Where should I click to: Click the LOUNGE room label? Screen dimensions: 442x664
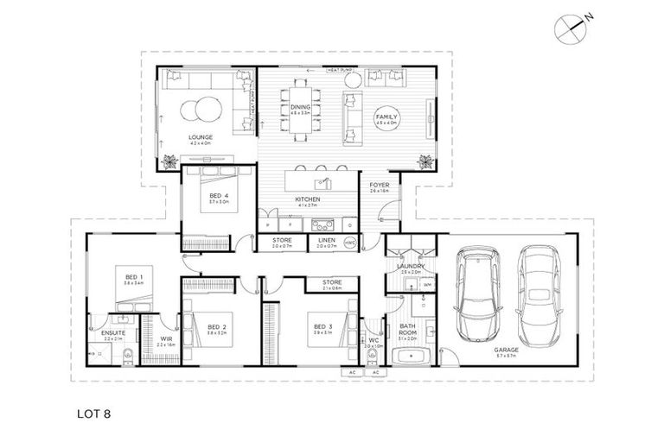[201, 137]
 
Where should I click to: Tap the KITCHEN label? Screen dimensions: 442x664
[308, 200]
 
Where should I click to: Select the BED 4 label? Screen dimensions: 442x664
[219, 196]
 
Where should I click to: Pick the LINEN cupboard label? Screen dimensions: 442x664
[325, 241]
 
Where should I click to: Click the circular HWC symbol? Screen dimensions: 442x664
[350, 243]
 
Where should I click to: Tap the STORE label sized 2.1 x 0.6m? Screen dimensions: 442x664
[332, 282]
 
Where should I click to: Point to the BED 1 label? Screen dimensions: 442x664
[132, 277]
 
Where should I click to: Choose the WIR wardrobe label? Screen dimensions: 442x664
[166, 338]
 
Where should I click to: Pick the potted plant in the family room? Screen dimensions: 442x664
[425, 161]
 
